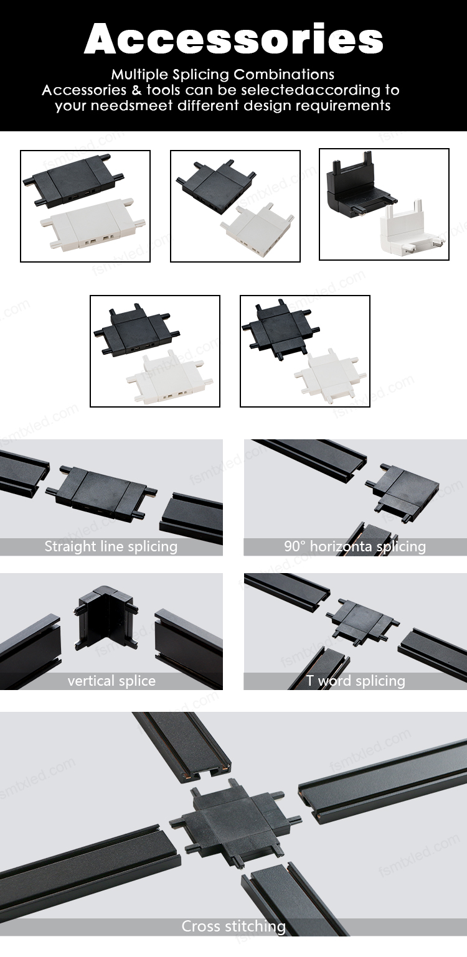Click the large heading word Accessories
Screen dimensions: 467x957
point(233,39)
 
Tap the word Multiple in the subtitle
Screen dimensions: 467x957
point(140,75)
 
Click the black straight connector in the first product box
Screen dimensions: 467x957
point(73,182)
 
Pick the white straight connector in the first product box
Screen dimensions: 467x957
point(93,226)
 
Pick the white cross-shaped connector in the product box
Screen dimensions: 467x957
point(330,374)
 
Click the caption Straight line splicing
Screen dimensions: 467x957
point(111,546)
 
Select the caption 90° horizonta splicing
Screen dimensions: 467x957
point(355,546)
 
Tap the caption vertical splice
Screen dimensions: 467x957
point(111,681)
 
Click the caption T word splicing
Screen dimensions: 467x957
point(356,681)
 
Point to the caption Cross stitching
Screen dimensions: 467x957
point(233,927)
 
